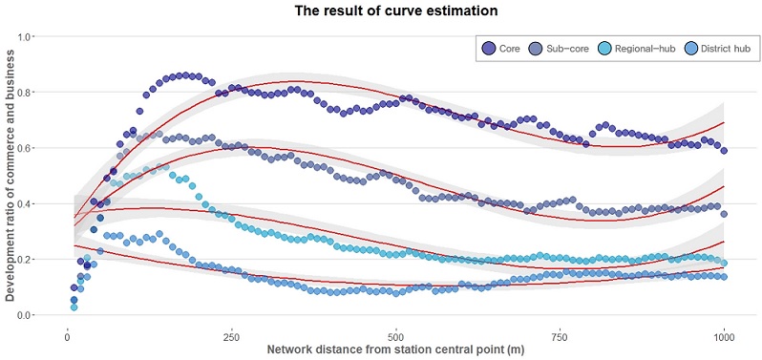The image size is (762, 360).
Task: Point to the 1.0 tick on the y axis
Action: click(26, 37)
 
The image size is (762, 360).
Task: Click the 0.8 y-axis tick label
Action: click(26, 93)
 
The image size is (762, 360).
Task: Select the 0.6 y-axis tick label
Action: click(26, 148)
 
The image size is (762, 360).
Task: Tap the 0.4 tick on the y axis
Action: click(26, 204)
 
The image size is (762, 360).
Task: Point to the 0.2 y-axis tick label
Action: click(26, 260)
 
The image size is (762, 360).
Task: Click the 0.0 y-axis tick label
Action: click(26, 315)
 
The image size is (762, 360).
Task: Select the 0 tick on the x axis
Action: click(66, 337)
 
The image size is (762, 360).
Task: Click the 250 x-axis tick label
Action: click(230, 337)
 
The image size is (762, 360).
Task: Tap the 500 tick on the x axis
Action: click(395, 337)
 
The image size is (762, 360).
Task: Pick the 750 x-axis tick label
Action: click(560, 337)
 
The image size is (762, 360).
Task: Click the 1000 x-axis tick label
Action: click(724, 337)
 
